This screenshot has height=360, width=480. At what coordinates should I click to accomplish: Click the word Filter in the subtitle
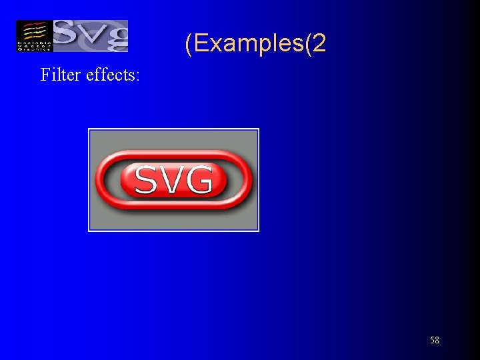click(61, 75)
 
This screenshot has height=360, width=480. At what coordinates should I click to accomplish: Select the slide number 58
click(434, 341)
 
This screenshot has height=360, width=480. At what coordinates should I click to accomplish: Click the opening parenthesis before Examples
click(189, 45)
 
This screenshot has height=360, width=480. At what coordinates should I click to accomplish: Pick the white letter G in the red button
click(199, 180)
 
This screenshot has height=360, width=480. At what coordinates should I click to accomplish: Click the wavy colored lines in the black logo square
click(34, 31)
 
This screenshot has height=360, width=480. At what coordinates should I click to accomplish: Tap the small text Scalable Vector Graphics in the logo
click(34, 46)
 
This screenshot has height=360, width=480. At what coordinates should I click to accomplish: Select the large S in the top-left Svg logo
click(67, 35)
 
